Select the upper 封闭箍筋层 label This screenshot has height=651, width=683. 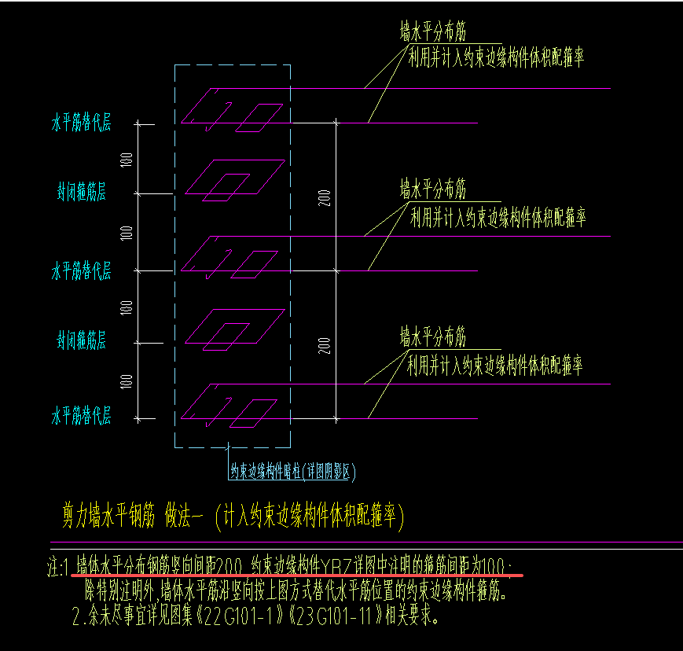(80, 192)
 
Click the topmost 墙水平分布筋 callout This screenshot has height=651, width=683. (432, 32)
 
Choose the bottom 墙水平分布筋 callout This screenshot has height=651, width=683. (432, 337)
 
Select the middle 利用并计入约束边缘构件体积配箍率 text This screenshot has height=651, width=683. (498, 217)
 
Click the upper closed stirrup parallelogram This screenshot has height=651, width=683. (236, 178)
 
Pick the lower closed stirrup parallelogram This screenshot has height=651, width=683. (236, 325)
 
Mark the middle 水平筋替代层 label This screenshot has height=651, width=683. (81, 272)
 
